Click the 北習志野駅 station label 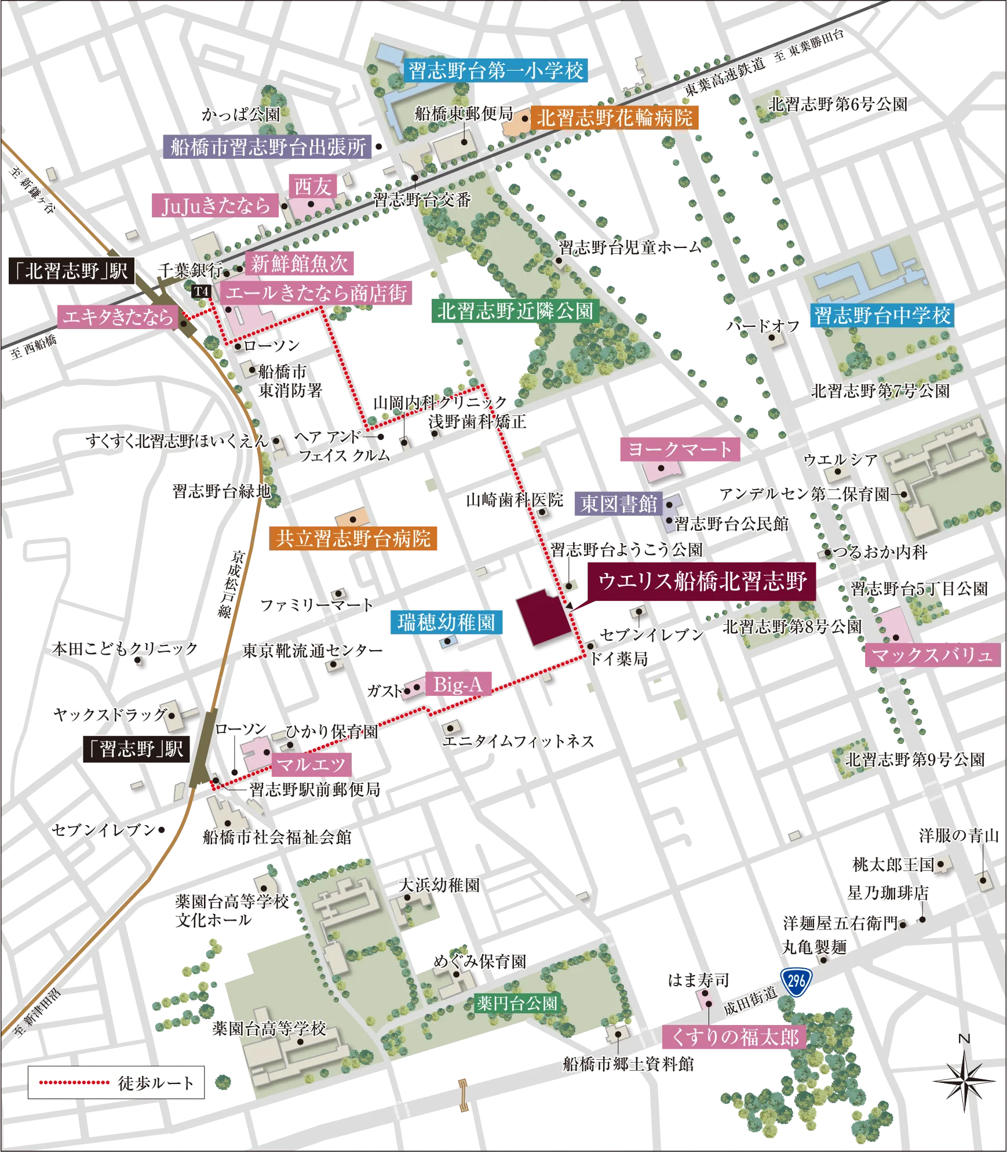click(x=71, y=271)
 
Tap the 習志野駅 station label click(x=136, y=749)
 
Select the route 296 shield click(x=796, y=981)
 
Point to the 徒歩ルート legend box click(x=116, y=1082)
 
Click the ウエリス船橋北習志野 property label click(x=702, y=581)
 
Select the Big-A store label click(x=458, y=685)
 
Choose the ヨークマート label click(x=680, y=449)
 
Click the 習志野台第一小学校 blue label click(x=496, y=71)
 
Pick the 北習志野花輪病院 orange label click(x=614, y=118)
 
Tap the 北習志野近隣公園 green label click(x=515, y=311)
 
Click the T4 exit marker click(x=201, y=291)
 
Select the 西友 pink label click(x=312, y=187)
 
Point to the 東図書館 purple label click(x=619, y=503)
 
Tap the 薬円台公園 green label click(x=517, y=1003)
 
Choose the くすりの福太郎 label click(x=735, y=1037)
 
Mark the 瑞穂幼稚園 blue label click(x=446, y=622)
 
